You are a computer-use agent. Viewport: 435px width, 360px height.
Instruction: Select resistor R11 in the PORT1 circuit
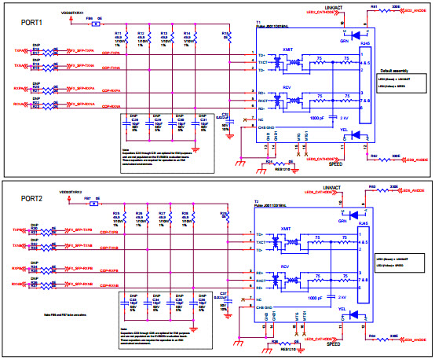click(x=119, y=38)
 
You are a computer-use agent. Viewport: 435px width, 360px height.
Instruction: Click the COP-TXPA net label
click(x=109, y=53)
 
